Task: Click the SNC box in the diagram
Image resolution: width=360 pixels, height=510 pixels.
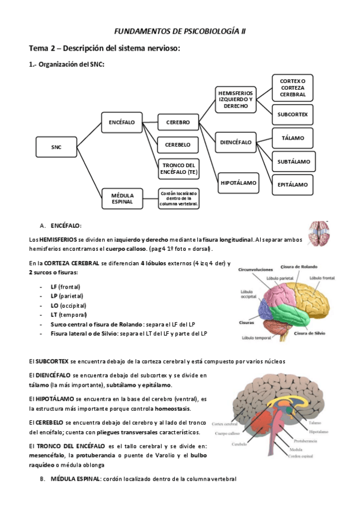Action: [x=56, y=146]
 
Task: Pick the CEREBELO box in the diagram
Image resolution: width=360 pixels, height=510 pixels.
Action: [x=178, y=145]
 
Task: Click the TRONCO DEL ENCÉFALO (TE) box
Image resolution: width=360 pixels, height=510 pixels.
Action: [x=178, y=168]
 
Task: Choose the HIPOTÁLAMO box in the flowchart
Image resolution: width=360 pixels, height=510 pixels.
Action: [x=238, y=182]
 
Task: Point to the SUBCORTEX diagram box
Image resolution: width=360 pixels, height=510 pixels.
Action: [x=293, y=114]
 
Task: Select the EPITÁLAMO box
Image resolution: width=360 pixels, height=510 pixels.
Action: [x=293, y=185]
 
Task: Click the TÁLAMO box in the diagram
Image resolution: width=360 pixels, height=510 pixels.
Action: [x=293, y=138]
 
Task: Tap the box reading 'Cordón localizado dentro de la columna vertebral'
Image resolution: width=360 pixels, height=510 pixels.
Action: [x=178, y=198]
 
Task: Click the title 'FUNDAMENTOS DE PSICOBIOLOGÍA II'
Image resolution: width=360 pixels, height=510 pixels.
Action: [x=180, y=31]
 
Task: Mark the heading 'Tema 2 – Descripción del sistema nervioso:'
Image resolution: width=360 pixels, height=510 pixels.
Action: [x=105, y=48]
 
